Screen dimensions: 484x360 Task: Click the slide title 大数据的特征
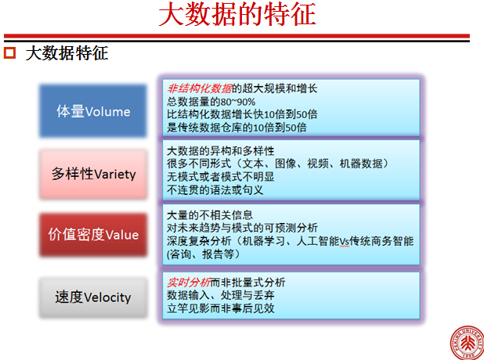click(237, 14)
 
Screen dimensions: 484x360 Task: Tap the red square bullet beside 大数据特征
click(9, 52)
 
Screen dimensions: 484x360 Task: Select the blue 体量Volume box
click(93, 111)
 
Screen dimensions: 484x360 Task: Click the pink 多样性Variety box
click(93, 174)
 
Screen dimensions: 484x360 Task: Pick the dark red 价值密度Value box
click(93, 235)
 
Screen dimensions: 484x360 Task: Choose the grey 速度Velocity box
click(93, 297)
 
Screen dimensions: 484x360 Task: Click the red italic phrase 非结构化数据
click(200, 88)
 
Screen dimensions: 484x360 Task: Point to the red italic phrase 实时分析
click(189, 282)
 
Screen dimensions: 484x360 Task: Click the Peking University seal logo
click(467, 343)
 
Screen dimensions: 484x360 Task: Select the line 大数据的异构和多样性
click(220, 151)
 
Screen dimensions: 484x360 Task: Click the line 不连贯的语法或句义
click(215, 189)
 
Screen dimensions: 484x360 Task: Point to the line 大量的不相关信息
click(210, 214)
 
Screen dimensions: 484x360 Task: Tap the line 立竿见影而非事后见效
click(220, 308)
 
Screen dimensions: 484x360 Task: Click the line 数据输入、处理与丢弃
click(220, 295)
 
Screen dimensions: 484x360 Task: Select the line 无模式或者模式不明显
click(220, 177)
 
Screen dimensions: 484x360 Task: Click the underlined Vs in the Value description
click(345, 241)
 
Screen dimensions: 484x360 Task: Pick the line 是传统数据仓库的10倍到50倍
click(237, 127)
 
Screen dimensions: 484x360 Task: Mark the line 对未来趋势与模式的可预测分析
click(242, 228)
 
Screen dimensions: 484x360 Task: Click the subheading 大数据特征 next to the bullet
click(67, 53)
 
